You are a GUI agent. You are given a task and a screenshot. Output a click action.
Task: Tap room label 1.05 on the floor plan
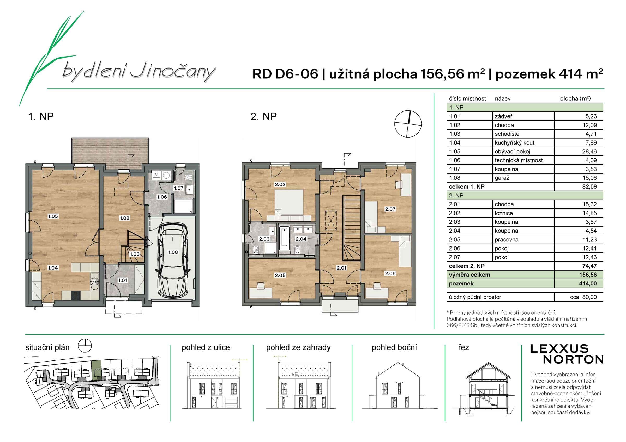[x=53, y=216]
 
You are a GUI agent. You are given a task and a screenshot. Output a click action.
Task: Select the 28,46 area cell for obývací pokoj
[x=589, y=151]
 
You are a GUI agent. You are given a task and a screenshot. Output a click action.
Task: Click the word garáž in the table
[x=502, y=178]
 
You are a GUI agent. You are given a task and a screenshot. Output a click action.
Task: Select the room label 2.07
[x=390, y=209]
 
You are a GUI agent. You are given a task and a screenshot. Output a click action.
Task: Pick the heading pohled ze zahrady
[x=298, y=347]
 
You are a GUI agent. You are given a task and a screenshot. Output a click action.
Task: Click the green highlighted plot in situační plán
[x=96, y=369]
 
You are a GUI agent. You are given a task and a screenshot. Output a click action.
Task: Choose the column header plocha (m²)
[x=575, y=99]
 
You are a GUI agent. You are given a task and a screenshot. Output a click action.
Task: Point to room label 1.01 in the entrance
[x=122, y=280]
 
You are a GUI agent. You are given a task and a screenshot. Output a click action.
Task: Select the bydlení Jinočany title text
[x=139, y=72]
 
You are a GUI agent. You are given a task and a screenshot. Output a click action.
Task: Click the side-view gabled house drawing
[x=398, y=387]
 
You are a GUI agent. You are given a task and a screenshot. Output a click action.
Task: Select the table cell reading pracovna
[x=507, y=240]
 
